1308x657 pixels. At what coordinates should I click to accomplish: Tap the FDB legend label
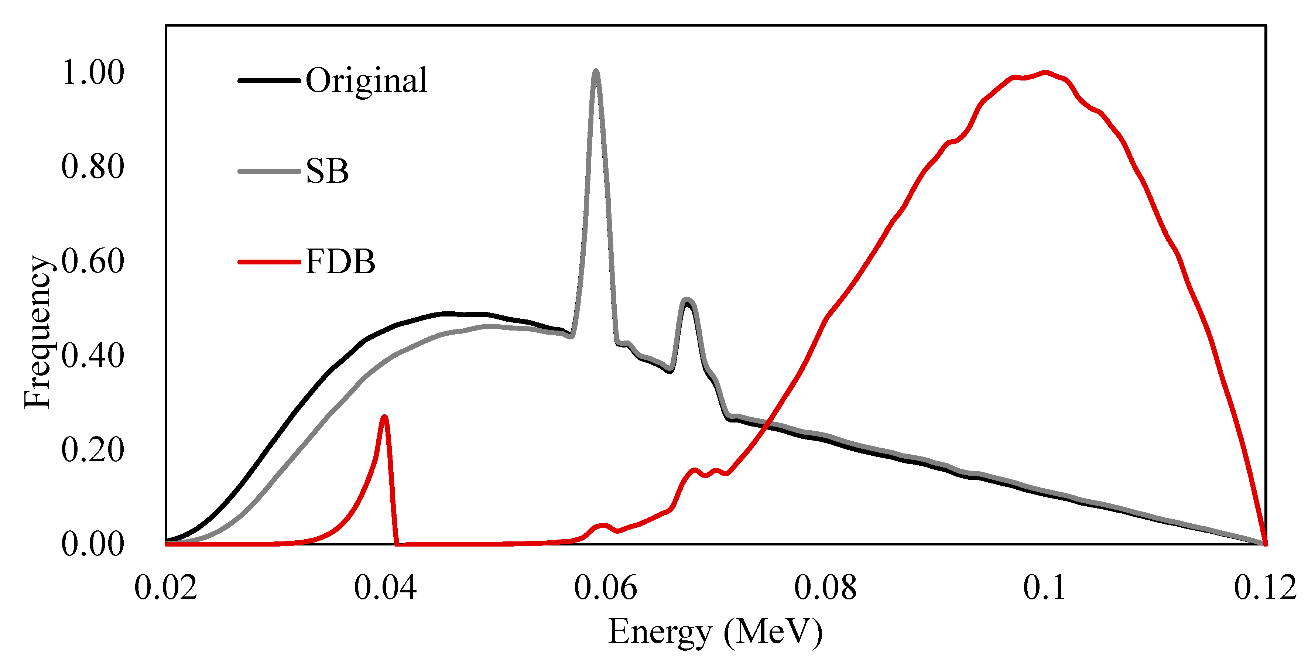pos(340,262)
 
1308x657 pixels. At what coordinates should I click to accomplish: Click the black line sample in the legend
pos(269,80)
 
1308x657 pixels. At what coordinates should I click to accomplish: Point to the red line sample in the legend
pos(269,262)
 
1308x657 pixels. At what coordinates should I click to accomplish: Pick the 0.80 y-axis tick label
pos(93,167)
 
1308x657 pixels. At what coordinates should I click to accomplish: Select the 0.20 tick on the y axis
pos(93,449)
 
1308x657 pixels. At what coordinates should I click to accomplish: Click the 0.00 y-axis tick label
pos(93,544)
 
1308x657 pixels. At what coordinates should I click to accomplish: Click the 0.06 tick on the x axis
pos(605,588)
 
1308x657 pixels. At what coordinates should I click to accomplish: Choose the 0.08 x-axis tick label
pos(825,588)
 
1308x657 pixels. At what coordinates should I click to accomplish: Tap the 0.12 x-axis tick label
pos(1265,588)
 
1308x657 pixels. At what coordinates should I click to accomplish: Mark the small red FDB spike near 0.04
pos(384,417)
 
